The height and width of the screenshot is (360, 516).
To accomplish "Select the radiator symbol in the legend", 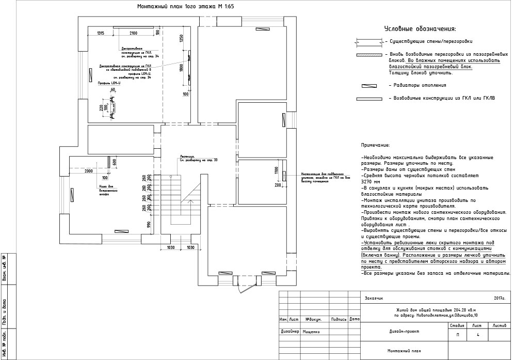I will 369,86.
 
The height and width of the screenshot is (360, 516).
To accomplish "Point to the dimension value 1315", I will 101,33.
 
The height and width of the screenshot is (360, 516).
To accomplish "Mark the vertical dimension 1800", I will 182,70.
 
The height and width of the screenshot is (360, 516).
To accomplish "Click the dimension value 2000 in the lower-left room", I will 88,171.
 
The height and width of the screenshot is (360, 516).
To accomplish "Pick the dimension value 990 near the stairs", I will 149,224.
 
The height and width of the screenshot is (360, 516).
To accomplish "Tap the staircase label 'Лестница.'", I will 187,155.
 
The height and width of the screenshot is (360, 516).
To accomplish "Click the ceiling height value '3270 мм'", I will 371,182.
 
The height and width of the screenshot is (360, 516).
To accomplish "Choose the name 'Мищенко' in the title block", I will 312,332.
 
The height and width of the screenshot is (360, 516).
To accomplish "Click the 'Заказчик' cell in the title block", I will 374,298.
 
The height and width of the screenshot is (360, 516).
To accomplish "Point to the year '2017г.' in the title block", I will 499,298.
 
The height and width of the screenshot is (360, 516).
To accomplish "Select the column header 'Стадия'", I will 457,326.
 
